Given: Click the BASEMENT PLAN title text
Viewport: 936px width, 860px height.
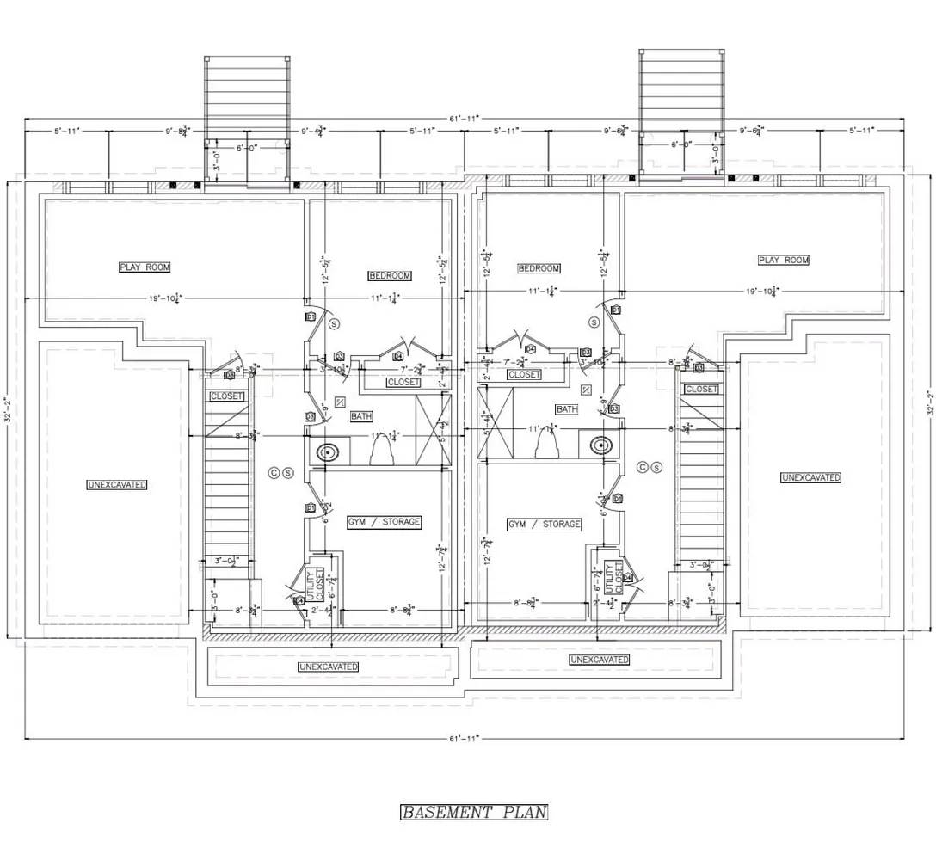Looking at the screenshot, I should (474, 812).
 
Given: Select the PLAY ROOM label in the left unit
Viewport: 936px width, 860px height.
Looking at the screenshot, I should (145, 267).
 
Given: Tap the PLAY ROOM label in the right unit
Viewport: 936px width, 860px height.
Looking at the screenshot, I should (784, 260).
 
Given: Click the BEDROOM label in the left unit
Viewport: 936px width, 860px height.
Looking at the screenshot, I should (390, 276).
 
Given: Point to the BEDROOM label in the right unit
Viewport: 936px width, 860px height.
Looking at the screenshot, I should (539, 268).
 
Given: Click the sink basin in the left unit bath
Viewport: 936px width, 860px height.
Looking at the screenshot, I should (328, 451).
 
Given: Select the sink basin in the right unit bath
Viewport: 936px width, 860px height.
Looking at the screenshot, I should (601, 445).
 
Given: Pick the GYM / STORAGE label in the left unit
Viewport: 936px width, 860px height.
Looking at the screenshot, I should (384, 522).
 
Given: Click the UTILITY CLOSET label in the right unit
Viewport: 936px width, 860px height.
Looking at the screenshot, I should (613, 577).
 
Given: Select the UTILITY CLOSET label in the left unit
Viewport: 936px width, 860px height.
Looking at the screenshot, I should (315, 586).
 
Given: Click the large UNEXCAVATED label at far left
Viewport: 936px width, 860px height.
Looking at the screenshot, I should (117, 485).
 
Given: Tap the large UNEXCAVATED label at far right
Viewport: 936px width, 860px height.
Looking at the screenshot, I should (810, 477).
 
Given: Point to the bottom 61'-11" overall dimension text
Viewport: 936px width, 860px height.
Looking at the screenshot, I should (464, 738).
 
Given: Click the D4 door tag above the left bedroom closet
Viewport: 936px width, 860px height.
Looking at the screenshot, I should (398, 356).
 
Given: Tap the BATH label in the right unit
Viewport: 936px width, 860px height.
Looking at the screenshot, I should (567, 409).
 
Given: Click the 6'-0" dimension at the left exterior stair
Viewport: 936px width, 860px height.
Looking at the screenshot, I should (248, 147).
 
